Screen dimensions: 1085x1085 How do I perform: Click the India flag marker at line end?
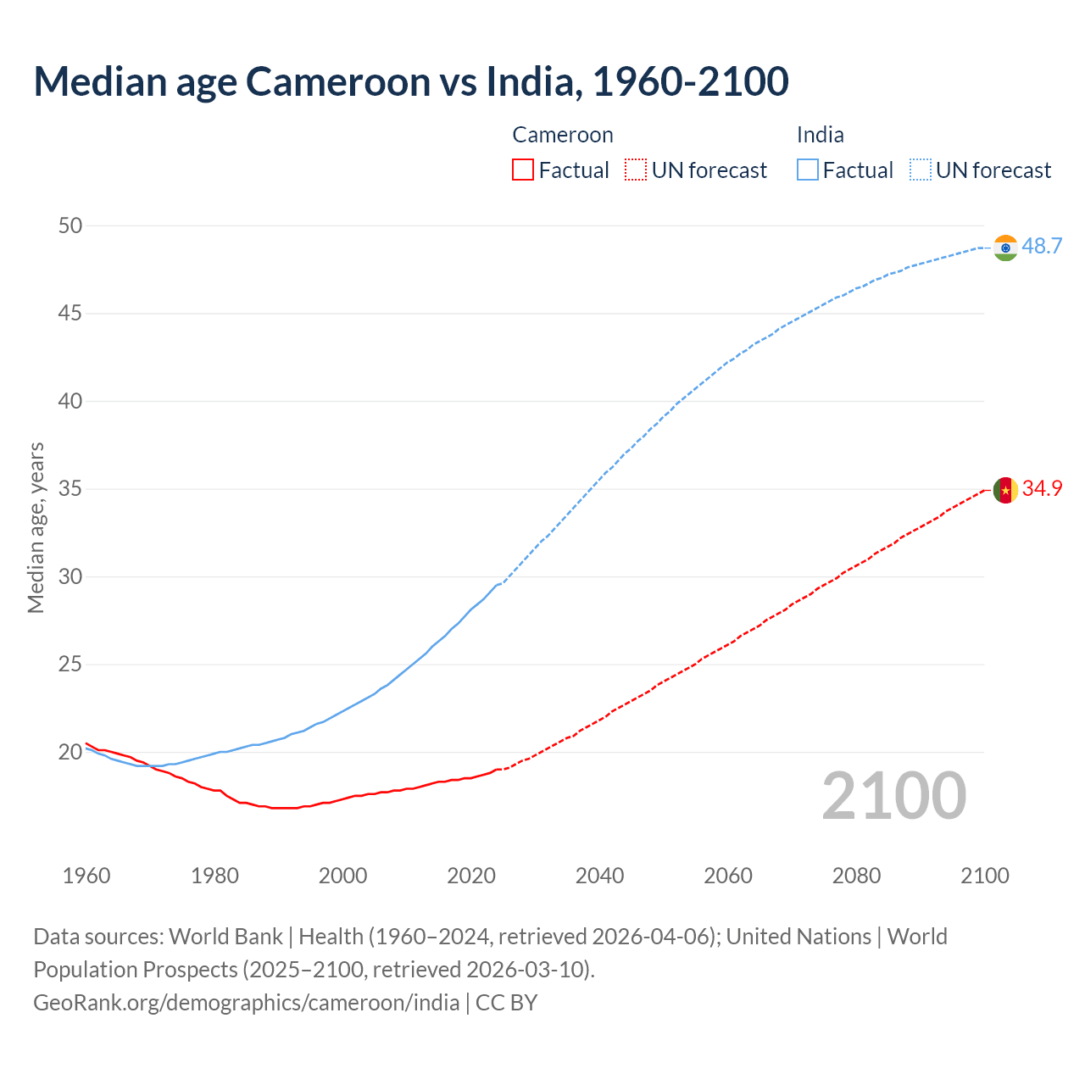tap(1005, 248)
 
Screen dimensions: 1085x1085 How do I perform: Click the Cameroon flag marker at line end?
tap(1005, 490)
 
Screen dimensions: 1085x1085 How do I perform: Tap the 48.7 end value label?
tap(1042, 247)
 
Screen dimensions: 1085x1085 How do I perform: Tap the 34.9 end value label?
tap(1042, 489)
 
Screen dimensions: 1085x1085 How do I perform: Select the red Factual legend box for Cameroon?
tap(523, 170)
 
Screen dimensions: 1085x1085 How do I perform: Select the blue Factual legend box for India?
tap(807, 170)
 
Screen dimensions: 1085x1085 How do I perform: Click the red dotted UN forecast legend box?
tap(636, 170)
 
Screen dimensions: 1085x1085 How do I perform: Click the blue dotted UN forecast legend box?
tap(920, 170)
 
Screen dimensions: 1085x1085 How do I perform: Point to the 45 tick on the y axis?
tap(70, 314)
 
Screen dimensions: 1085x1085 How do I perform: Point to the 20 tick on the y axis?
tap(70, 753)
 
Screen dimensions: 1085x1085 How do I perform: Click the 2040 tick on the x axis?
tap(599, 876)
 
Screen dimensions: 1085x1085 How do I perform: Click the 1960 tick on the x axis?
tap(86, 876)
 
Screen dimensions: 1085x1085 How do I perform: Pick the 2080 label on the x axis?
tap(856, 876)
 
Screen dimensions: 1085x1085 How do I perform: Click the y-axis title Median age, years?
tap(36, 527)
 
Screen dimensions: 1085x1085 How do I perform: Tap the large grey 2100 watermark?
tap(893, 796)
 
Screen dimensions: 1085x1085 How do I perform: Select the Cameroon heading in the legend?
tap(563, 136)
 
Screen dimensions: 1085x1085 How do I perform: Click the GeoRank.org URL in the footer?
tap(246, 1003)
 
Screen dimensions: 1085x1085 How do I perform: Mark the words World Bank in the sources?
tap(225, 937)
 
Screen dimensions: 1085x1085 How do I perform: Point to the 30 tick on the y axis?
tap(70, 577)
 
